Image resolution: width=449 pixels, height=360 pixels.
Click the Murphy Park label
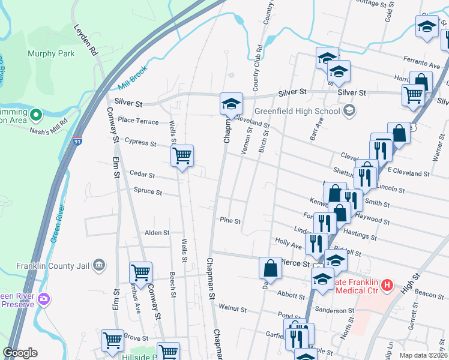coord(51,53)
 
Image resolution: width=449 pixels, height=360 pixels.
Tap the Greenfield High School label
coord(297,111)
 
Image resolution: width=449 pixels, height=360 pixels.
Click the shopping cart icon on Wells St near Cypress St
coord(182,157)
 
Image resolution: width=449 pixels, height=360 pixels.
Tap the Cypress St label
coord(140,143)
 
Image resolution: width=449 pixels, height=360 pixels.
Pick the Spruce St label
coord(148,193)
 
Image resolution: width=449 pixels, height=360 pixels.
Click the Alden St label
coord(157,232)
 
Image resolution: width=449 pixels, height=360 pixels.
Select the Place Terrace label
coord(138,121)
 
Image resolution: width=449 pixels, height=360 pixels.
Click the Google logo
coord(20,353)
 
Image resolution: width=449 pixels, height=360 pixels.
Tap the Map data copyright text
coord(424,355)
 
